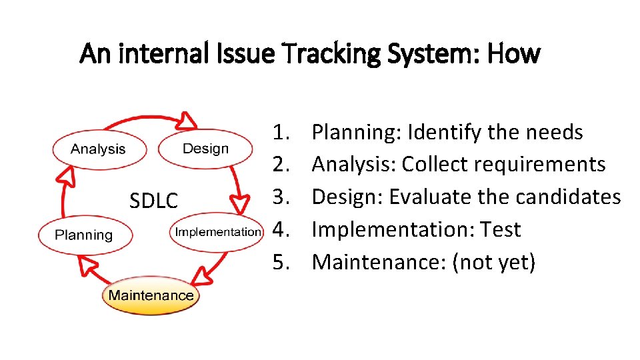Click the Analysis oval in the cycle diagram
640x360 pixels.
[x=98, y=149]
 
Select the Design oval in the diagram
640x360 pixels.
[x=205, y=149]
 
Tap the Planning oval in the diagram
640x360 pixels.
[x=84, y=235]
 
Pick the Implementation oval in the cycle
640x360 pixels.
[x=217, y=232]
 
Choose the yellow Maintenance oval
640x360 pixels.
[x=151, y=295]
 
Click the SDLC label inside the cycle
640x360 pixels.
[x=154, y=201]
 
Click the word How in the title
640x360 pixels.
[x=513, y=53]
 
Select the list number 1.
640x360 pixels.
[x=281, y=132]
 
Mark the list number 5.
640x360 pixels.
[x=281, y=262]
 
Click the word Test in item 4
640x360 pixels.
[x=501, y=229]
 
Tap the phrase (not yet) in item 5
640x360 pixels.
[x=494, y=262]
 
